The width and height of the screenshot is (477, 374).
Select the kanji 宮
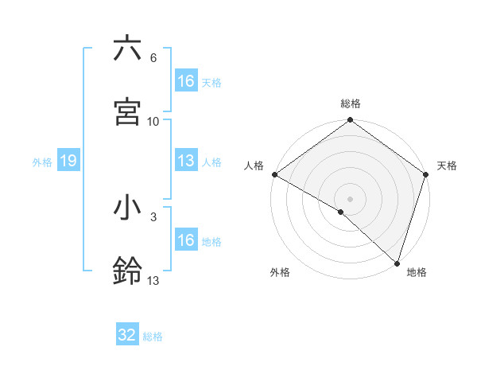[127, 111]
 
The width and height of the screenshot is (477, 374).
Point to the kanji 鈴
[127, 271]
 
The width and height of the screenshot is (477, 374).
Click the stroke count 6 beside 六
[153, 58]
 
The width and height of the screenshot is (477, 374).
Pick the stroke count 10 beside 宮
[153, 121]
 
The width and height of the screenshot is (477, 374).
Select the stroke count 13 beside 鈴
[153, 280]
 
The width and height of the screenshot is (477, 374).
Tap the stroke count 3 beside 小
[153, 216]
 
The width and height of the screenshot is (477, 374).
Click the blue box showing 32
[127, 335]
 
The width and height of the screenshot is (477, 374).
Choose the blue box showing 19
[68, 162]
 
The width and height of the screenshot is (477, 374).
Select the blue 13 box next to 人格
[186, 162]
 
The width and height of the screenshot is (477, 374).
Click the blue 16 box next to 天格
[186, 81]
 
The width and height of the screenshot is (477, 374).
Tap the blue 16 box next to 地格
[186, 240]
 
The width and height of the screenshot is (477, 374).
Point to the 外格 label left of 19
[42, 162]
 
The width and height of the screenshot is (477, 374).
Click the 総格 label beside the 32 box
[153, 336]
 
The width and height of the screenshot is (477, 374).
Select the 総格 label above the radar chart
[350, 103]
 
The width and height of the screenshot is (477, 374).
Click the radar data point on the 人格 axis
[274, 174]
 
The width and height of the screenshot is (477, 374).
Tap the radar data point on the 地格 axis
[397, 263]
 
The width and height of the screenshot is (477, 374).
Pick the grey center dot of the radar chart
[350, 198]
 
